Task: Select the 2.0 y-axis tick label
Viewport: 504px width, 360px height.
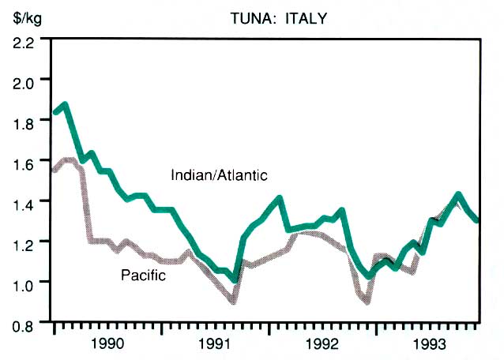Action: click(x=22, y=81)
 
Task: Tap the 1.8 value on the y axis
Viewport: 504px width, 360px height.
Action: click(x=22, y=122)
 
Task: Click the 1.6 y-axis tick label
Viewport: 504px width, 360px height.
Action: click(x=22, y=162)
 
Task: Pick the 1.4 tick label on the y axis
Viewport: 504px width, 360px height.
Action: click(x=22, y=202)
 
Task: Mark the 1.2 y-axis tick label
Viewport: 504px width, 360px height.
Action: click(x=22, y=242)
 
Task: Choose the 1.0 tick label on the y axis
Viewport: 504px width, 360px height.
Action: click(x=22, y=283)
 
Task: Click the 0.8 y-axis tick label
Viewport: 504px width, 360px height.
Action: click(x=22, y=323)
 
